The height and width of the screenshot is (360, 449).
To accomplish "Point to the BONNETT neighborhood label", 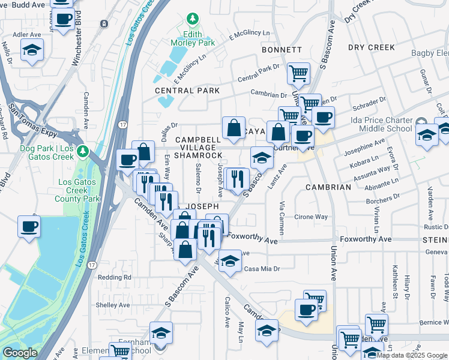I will pyautogui.click(x=281, y=49).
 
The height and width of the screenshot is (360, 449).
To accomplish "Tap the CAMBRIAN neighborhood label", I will pyautogui.click(x=328, y=187).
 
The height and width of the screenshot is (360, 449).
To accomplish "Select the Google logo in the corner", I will pyautogui.click(x=20, y=353).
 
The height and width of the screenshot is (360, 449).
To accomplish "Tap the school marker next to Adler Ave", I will pyautogui.click(x=32, y=50).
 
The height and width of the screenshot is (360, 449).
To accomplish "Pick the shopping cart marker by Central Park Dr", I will pyautogui.click(x=298, y=74).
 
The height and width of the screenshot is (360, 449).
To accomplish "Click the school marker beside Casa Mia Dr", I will pyautogui.click(x=229, y=260).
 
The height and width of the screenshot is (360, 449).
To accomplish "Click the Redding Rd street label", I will pyautogui.click(x=114, y=277).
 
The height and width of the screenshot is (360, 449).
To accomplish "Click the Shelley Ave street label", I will pyautogui.click(x=113, y=305).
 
